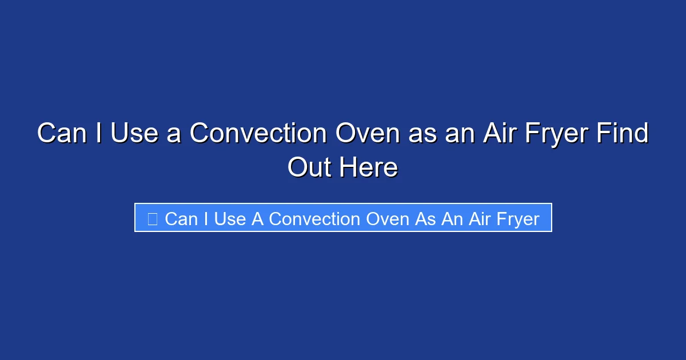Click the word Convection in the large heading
click(259, 134)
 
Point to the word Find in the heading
click(623, 134)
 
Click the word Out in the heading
click(309, 167)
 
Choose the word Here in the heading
click(369, 167)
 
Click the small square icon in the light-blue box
click(152, 219)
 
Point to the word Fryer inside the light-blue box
click(514, 219)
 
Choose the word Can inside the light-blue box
click(182, 219)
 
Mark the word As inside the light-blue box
click(425, 219)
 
